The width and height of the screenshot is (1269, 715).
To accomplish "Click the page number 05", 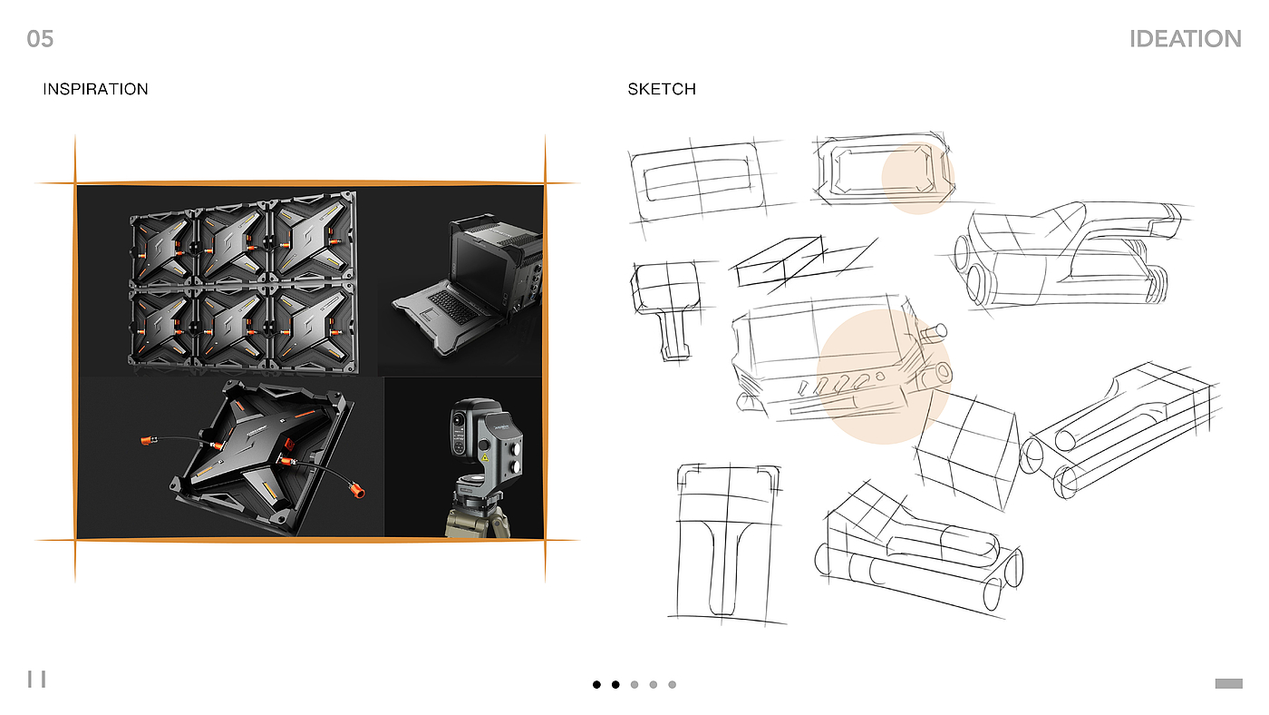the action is pyautogui.click(x=41, y=38).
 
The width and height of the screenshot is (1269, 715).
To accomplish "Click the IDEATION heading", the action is pyautogui.click(x=1185, y=39).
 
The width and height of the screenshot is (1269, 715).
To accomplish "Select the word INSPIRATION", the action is pyautogui.click(x=95, y=89).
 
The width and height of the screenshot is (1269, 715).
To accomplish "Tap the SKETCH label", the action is pyautogui.click(x=662, y=89).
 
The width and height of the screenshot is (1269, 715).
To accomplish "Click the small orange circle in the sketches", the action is pyautogui.click(x=917, y=176).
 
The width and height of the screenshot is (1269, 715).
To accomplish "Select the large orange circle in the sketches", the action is pyautogui.click(x=883, y=376).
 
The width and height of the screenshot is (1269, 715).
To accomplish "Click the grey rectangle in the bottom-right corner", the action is pyautogui.click(x=1228, y=683).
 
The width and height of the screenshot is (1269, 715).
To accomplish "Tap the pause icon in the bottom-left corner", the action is pyautogui.click(x=36, y=679).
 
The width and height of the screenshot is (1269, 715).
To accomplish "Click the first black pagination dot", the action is pyautogui.click(x=596, y=685).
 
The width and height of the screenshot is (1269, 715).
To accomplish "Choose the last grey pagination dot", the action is pyautogui.click(x=672, y=685).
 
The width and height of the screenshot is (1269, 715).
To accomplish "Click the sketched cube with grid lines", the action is pyautogui.click(x=965, y=451).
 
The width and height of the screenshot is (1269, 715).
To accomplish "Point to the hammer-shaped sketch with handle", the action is pyautogui.click(x=664, y=309).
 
